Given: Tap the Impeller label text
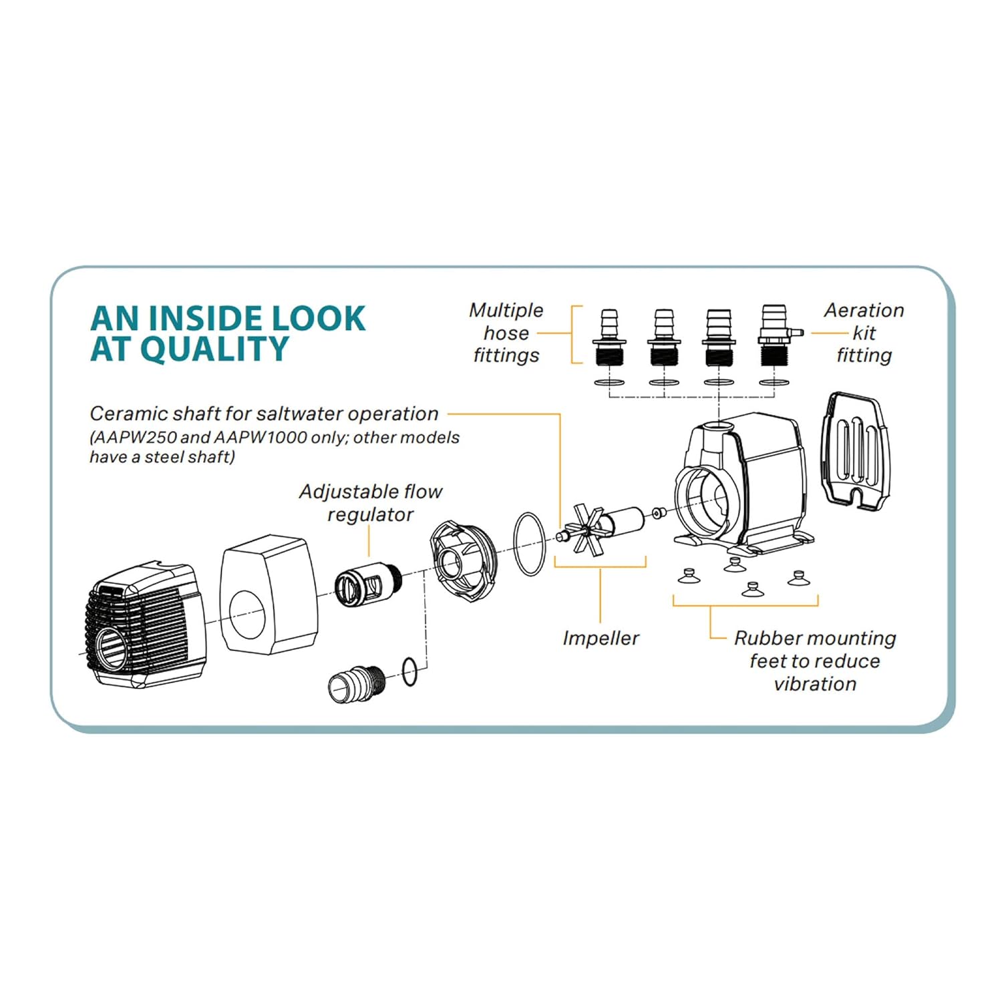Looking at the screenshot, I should click(601, 638).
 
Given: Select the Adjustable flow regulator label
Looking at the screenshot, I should click(371, 503).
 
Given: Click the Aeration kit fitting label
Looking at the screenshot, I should click(864, 333).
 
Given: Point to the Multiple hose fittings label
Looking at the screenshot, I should click(506, 333).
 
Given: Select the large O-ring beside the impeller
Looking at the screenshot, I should click(530, 544).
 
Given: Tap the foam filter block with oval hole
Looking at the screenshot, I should click(269, 595).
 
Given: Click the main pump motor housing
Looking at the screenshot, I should click(741, 481).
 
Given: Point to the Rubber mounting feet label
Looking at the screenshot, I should click(815, 661).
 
